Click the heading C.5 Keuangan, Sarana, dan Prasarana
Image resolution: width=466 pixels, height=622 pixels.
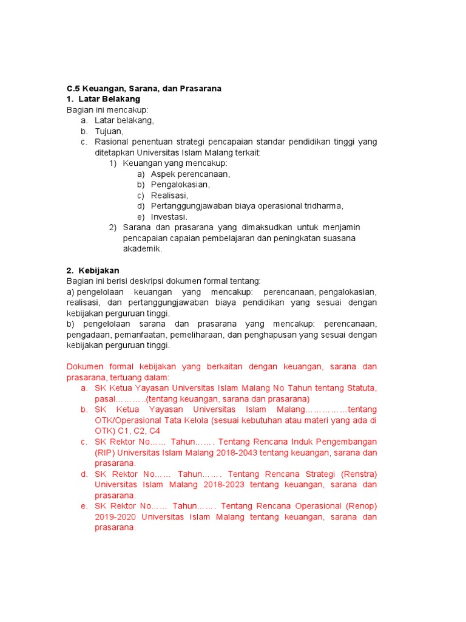click(x=144, y=88)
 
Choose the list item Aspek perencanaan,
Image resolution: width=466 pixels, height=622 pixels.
click(x=191, y=174)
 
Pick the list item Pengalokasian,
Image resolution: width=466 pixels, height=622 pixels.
click(x=180, y=184)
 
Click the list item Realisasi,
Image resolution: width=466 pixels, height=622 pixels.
click(x=169, y=195)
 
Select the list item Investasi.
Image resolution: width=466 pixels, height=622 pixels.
click(x=169, y=216)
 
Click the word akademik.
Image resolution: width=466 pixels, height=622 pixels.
click(x=143, y=248)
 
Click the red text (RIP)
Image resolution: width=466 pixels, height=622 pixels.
click(x=104, y=453)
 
